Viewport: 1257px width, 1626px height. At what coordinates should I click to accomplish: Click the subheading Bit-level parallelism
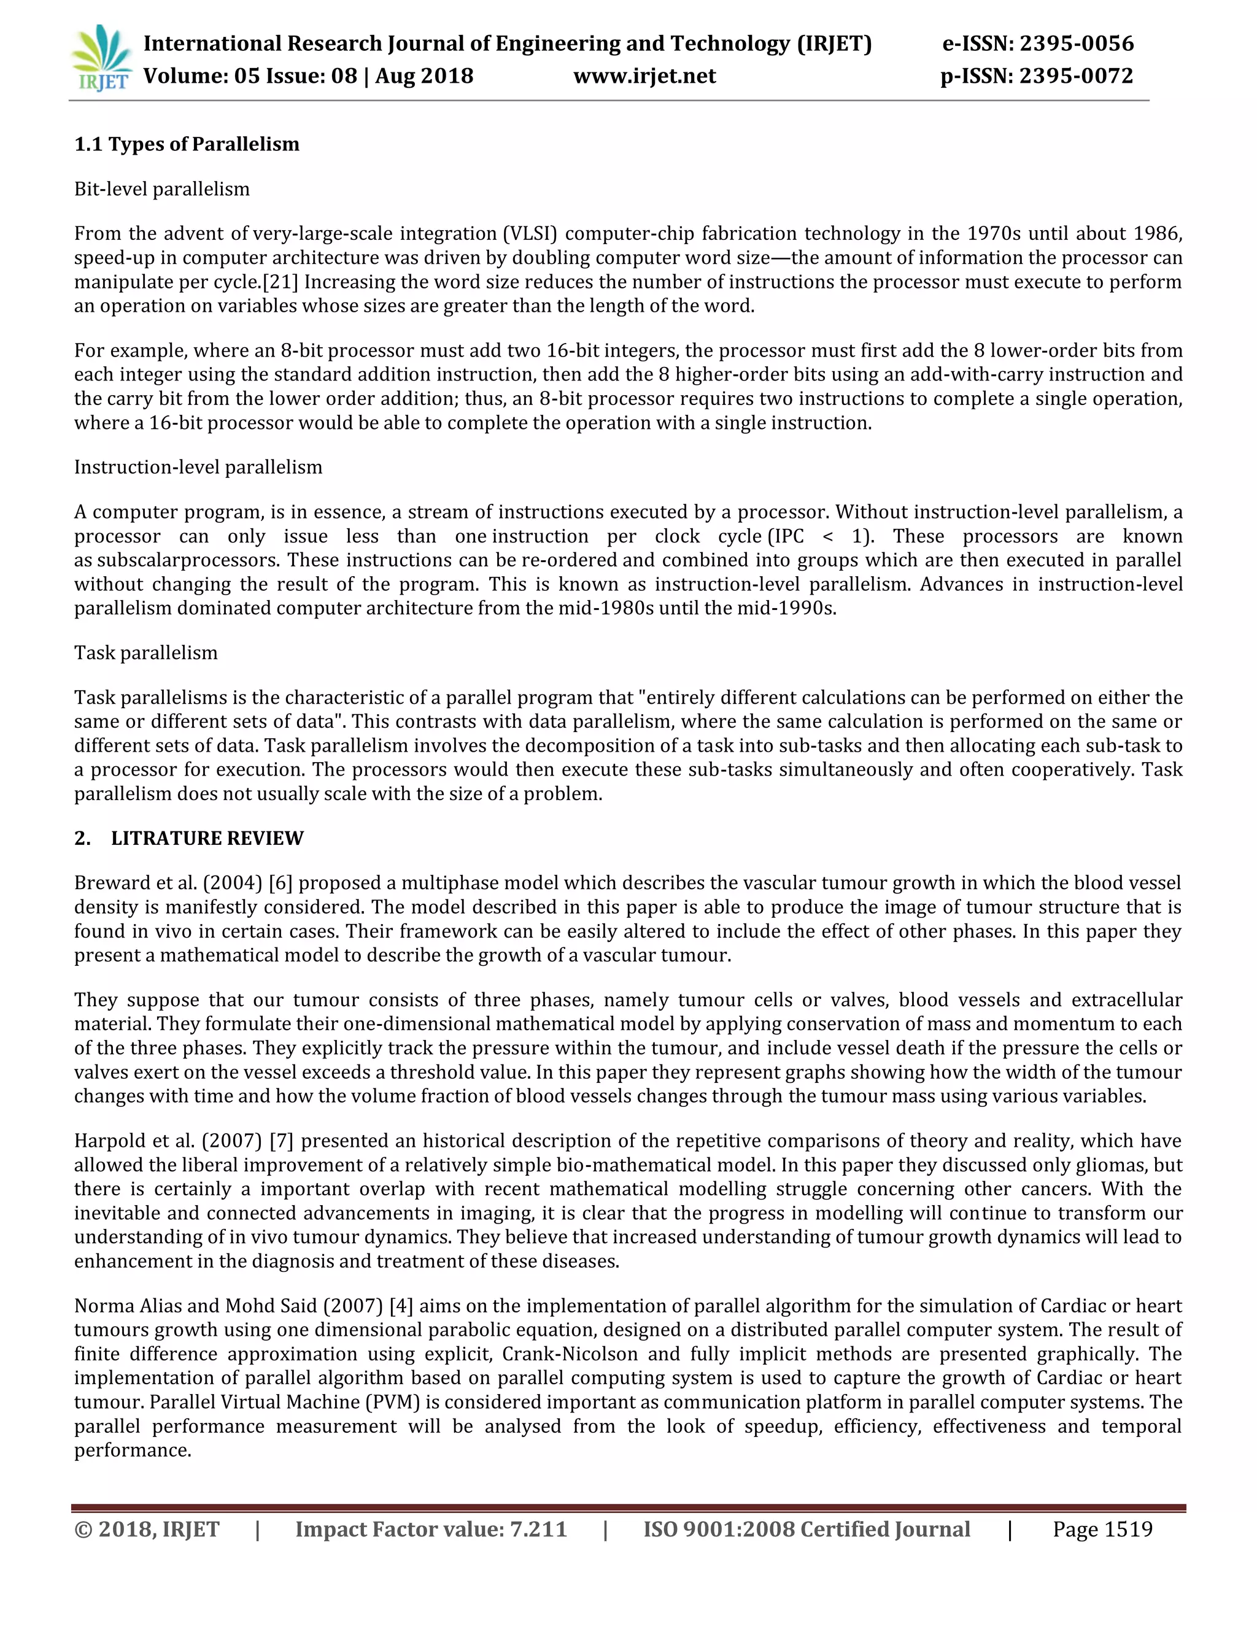click(x=161, y=189)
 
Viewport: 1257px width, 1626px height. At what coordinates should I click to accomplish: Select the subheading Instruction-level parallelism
click(x=198, y=468)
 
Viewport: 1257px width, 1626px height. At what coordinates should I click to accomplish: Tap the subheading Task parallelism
click(x=146, y=653)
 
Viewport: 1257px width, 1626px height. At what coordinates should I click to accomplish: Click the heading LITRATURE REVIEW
click(x=207, y=838)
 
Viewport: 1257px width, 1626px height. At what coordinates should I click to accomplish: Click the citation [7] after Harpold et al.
click(x=280, y=1141)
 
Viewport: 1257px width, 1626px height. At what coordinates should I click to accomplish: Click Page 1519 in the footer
click(x=1102, y=1529)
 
